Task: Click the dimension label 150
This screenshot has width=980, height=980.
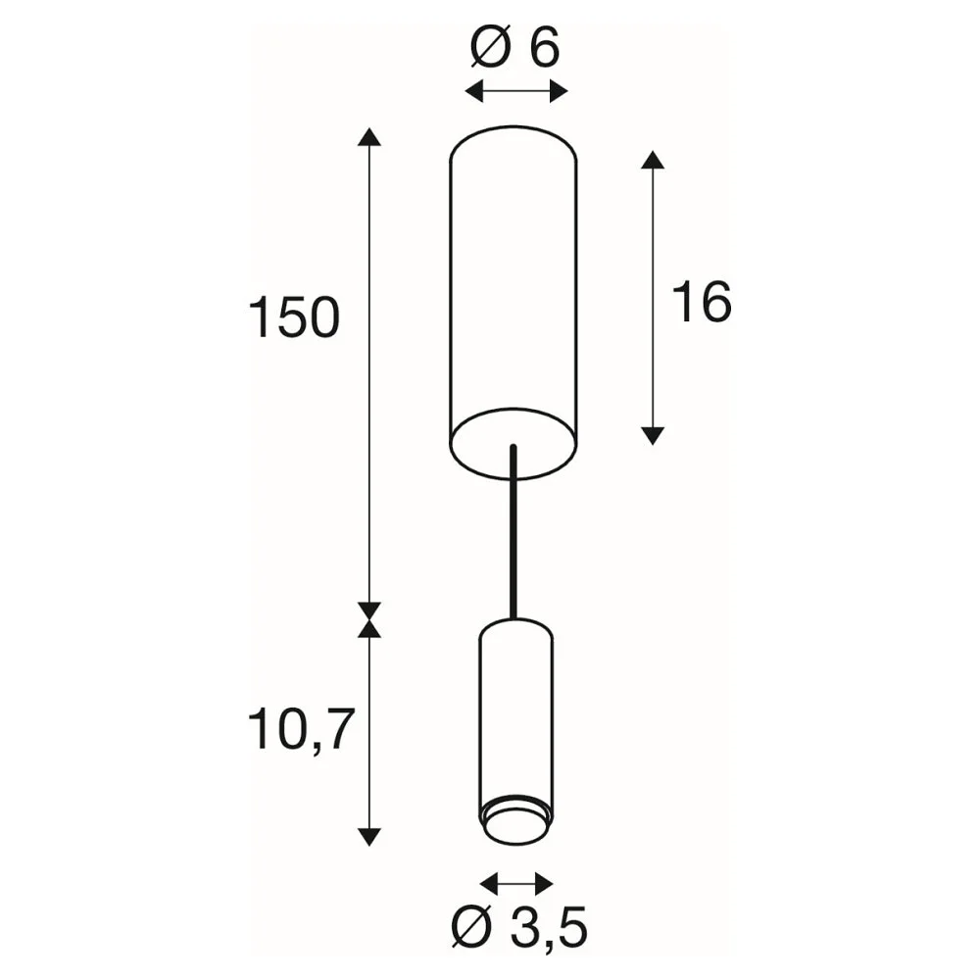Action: click(x=294, y=318)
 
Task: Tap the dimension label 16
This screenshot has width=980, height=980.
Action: click(x=702, y=302)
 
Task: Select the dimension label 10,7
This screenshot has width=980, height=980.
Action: click(x=301, y=730)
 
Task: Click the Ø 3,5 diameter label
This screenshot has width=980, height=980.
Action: click(x=518, y=928)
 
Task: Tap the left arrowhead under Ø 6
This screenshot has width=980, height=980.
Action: click(x=474, y=92)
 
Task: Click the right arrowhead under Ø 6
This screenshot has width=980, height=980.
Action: click(x=559, y=92)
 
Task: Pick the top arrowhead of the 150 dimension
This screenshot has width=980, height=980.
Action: click(x=369, y=137)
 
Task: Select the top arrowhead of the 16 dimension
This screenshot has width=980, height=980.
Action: click(x=653, y=160)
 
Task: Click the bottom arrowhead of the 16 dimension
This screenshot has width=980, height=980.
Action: click(x=653, y=436)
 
